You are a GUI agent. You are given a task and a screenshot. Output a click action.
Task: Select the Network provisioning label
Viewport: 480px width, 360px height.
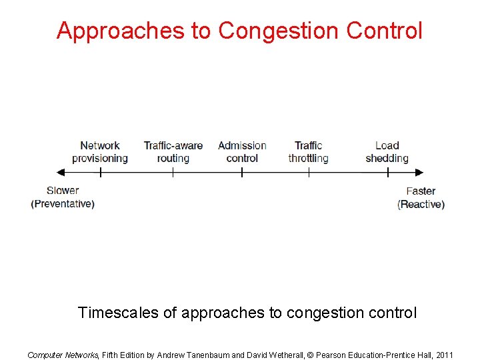pos(100,151)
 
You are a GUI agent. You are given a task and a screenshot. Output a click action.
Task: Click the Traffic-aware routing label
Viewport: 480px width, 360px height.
pos(173,151)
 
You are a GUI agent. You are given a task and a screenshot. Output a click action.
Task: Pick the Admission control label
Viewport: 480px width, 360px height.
pos(242,151)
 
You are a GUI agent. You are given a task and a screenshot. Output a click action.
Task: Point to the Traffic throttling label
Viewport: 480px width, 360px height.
pos(308,151)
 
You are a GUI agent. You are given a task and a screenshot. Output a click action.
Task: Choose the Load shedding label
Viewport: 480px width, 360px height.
pos(387,151)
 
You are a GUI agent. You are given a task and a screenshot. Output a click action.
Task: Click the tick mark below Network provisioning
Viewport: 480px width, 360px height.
pos(100,172)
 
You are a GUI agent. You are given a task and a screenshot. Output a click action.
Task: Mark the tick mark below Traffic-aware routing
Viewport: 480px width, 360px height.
pos(173,172)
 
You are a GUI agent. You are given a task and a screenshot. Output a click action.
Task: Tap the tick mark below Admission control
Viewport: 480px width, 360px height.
pos(242,172)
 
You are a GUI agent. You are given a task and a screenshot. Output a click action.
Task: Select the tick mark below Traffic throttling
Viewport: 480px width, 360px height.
pos(309,172)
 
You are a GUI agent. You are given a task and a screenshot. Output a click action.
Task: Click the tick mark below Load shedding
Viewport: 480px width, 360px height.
pos(387,172)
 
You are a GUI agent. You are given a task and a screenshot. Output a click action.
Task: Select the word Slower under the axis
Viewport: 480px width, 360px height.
pos(63,191)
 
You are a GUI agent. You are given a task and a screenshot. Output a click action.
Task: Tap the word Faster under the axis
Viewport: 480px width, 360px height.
pos(421,191)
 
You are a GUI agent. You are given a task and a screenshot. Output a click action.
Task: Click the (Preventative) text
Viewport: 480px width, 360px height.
pos(63,203)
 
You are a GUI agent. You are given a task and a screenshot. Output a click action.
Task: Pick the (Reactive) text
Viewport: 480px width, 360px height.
pos(421,204)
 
